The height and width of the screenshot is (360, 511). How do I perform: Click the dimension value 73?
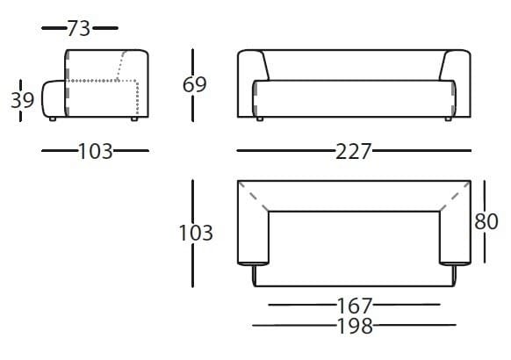79,28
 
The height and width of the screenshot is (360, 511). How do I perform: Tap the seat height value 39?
22,99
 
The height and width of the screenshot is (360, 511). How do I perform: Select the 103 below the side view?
95,151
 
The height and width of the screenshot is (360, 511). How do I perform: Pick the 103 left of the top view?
195,233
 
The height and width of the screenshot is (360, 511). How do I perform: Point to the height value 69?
195,84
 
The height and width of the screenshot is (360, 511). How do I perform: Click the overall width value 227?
354,151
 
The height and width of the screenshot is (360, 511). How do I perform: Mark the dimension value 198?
354,327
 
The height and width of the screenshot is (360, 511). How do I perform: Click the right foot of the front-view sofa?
449,117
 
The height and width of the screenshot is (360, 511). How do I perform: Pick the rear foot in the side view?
134,117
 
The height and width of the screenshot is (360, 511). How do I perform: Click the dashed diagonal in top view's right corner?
454,196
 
